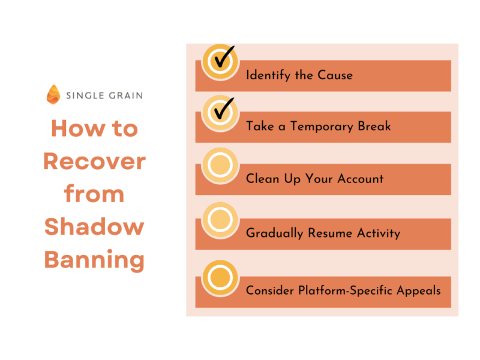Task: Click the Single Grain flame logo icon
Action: [53, 95]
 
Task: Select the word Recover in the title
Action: [95, 161]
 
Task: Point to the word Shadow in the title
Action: [94, 227]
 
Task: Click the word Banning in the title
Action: [94, 260]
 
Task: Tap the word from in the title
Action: [94, 194]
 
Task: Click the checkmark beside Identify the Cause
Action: [224, 57]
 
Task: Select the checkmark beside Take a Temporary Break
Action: [224, 109]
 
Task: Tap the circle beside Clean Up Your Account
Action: [220, 165]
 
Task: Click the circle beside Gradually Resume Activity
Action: [220, 220]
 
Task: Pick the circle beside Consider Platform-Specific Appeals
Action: [220, 278]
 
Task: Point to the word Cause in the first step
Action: [335, 75]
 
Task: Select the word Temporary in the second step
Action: [322, 127]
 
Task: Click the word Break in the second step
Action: [374, 126]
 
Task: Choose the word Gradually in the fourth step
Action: [275, 233]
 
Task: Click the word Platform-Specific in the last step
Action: [346, 290]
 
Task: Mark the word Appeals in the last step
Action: [419, 291]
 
